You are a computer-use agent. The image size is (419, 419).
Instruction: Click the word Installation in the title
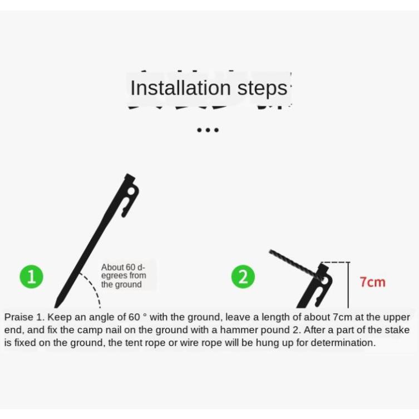point(180,88)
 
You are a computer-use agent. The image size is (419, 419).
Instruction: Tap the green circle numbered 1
point(32,277)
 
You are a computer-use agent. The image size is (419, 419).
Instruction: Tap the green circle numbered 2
point(243,277)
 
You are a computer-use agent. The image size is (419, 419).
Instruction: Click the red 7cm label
point(372,282)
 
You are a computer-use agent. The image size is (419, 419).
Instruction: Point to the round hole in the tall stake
point(131,191)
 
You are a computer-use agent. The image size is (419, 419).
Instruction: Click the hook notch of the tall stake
point(125,210)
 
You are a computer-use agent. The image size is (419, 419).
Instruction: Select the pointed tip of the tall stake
point(55,307)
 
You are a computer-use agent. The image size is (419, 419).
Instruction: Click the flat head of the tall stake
point(130,177)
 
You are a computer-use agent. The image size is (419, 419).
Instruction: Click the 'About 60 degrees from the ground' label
point(124,275)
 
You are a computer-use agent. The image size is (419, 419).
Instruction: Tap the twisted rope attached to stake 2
point(294,265)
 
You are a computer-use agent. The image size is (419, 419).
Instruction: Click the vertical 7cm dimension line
point(348,285)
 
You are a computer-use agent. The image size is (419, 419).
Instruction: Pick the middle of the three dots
point(208,130)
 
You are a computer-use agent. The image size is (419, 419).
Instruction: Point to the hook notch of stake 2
point(318,300)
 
